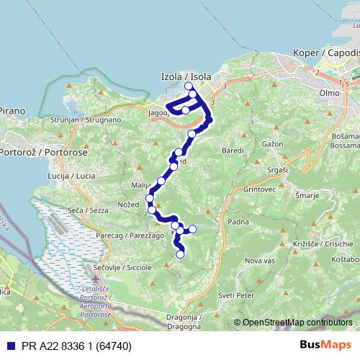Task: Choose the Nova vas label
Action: (x=260, y=260)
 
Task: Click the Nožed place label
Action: (x=130, y=205)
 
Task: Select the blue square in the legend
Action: (x=6, y=345)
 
